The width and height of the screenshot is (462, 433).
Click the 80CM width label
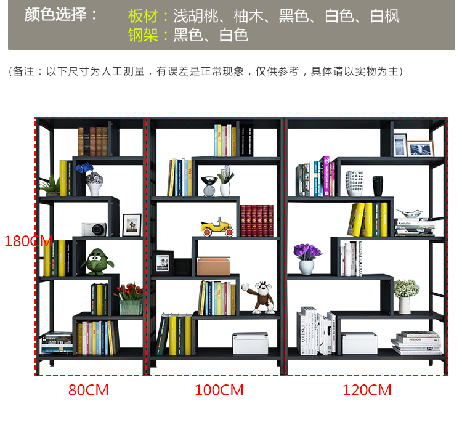point(89,390)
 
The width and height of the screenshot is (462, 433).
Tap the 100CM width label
point(219,390)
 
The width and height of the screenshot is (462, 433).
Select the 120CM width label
point(367,390)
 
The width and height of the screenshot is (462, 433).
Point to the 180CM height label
point(28,241)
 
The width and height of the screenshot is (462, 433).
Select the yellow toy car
point(217,226)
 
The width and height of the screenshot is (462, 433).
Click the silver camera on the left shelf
point(94,229)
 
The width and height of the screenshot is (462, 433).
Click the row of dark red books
point(256,221)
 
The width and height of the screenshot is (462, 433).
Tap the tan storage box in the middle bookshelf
point(213,266)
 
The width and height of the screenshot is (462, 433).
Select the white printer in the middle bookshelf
point(250,342)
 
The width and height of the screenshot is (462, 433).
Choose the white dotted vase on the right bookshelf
point(354,183)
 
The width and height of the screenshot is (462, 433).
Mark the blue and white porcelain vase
point(94,182)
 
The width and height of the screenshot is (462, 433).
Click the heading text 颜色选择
point(61,15)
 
